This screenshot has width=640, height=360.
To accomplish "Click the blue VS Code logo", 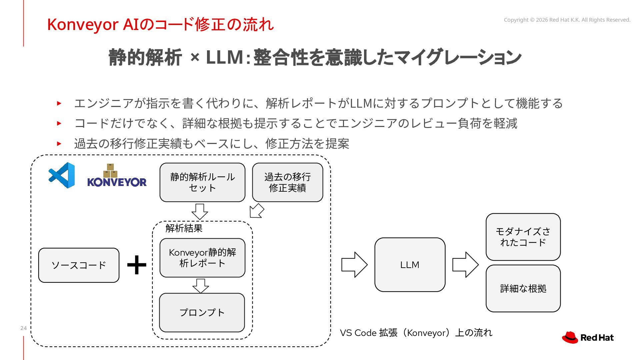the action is point(62,175).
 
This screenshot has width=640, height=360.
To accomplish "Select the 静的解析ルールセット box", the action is point(202,182).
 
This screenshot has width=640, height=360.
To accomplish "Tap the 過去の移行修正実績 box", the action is point(288,182).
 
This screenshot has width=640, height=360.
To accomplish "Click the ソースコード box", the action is point(79,265).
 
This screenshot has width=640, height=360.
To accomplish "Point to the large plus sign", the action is point(137,265).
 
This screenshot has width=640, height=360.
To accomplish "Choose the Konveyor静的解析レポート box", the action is point(202,258).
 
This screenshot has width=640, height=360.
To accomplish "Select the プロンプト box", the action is point(202,313).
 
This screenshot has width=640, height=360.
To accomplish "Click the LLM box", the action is point(410,265).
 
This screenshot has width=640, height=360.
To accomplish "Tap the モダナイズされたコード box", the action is point(523,237).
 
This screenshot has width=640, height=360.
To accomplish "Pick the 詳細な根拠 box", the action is point(523,289).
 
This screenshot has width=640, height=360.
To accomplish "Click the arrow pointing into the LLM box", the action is point(354,265).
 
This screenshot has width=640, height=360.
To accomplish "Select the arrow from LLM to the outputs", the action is point(465,265).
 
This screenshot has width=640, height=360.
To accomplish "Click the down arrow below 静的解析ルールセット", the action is point(200,212).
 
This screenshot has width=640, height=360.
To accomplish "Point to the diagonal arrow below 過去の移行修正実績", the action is point(257,211).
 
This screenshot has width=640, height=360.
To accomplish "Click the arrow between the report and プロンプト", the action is point(201,286).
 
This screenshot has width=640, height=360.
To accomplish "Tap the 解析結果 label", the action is point(184,228).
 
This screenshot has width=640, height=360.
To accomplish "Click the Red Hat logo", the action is point(588,337).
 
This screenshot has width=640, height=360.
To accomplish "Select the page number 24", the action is point(23,328).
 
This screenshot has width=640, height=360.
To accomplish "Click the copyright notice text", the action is point(567,20).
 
